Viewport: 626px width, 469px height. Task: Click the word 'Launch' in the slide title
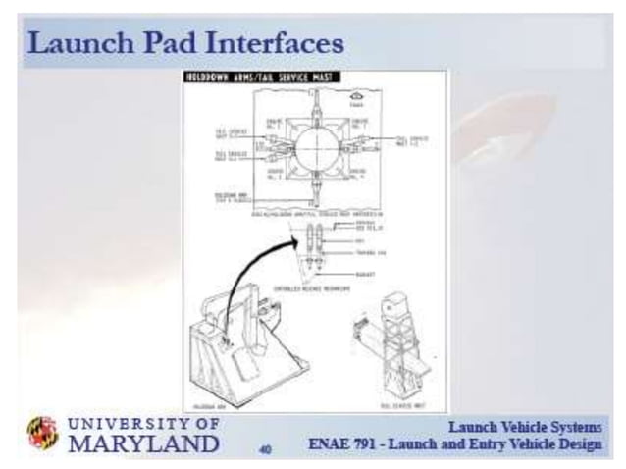pos(71,43)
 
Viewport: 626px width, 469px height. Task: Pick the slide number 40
pos(265,450)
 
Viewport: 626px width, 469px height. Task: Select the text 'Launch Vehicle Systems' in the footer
pos(525,428)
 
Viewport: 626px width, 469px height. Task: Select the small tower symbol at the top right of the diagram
pos(410,96)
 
